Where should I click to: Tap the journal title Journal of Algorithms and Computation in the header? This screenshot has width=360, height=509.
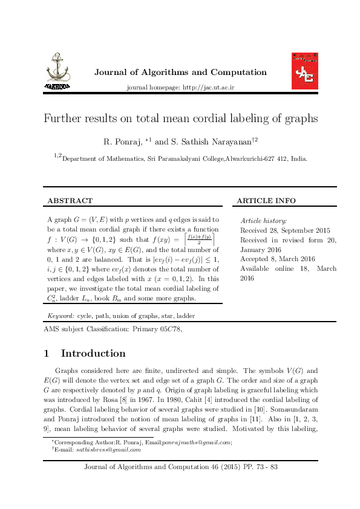coord(180,73)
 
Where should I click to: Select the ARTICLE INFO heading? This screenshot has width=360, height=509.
coord(266,200)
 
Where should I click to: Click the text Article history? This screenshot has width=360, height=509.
coord(264,221)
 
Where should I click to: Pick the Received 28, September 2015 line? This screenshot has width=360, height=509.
coord(285,230)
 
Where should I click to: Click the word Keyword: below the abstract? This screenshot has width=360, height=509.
coord(61,316)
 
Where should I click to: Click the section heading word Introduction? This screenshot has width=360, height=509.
coord(93,354)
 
